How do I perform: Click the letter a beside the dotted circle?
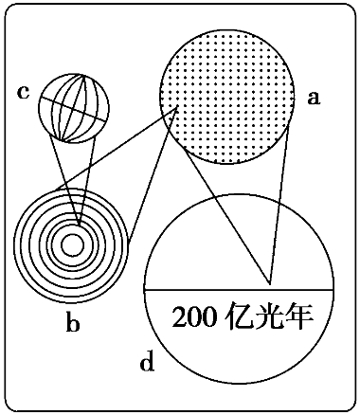coord(314,98)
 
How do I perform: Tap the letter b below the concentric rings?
coord(73,321)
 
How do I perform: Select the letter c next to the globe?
coord(23,93)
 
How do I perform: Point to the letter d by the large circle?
coord(147,360)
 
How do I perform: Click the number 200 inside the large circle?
coord(194,316)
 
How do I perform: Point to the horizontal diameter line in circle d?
coord(239,289)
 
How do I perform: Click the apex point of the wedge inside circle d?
coord(270,283)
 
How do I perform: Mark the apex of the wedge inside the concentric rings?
coord(79,226)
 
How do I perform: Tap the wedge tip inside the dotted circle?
coord(177,107)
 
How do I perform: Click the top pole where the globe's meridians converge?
coord(84,75)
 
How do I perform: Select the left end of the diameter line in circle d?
coord(145,289)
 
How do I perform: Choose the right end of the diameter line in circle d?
coord(333,289)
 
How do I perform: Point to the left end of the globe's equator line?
coord(40,98)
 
